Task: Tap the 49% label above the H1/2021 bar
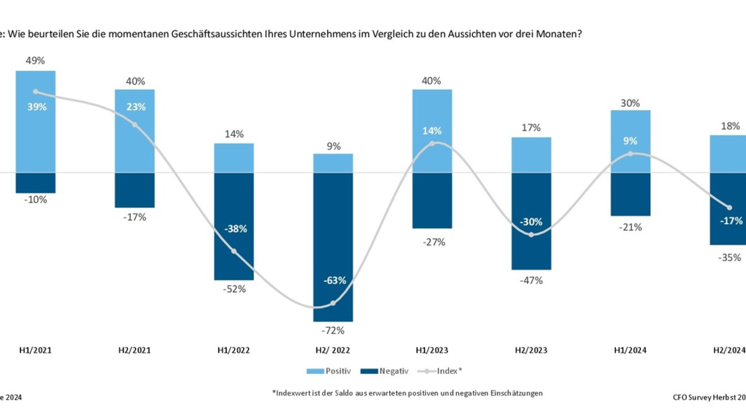coord(35,61)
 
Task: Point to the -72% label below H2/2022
coord(333,330)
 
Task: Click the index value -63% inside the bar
coord(333,281)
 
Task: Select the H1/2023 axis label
coord(431,350)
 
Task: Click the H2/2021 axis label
coord(134,350)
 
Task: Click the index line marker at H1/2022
coord(234,251)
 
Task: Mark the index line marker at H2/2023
coord(531,235)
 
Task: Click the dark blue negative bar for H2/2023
coord(531,255)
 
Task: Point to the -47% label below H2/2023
coord(531,280)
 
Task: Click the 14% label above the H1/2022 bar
coord(234,134)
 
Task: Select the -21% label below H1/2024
coord(630,227)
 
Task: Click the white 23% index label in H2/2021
coord(135,106)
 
